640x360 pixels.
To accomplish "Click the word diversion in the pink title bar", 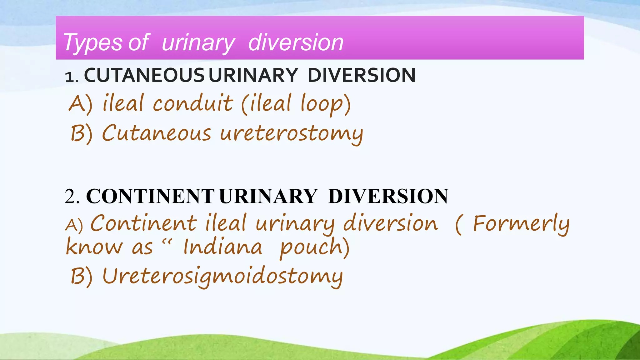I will point(296,42).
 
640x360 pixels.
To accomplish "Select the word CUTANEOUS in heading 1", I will point(144,75).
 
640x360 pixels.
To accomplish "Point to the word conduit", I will point(193,103).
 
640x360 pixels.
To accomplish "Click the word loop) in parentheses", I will point(325,104).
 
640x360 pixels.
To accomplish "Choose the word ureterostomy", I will point(292,134).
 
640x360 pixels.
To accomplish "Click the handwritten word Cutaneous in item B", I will point(157,133).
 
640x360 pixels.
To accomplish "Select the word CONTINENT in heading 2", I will point(150,197).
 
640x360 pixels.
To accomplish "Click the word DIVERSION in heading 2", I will point(388,197).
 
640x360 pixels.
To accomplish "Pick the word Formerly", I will point(521,224).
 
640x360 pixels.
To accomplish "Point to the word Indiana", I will point(222,247).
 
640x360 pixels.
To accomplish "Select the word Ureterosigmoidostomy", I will point(222,277).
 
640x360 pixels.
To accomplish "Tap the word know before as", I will point(94,247).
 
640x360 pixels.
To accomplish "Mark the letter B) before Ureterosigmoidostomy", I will point(81,276).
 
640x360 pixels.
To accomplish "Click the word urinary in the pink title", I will point(198,43).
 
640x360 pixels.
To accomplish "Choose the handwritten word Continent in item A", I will point(143,224).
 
